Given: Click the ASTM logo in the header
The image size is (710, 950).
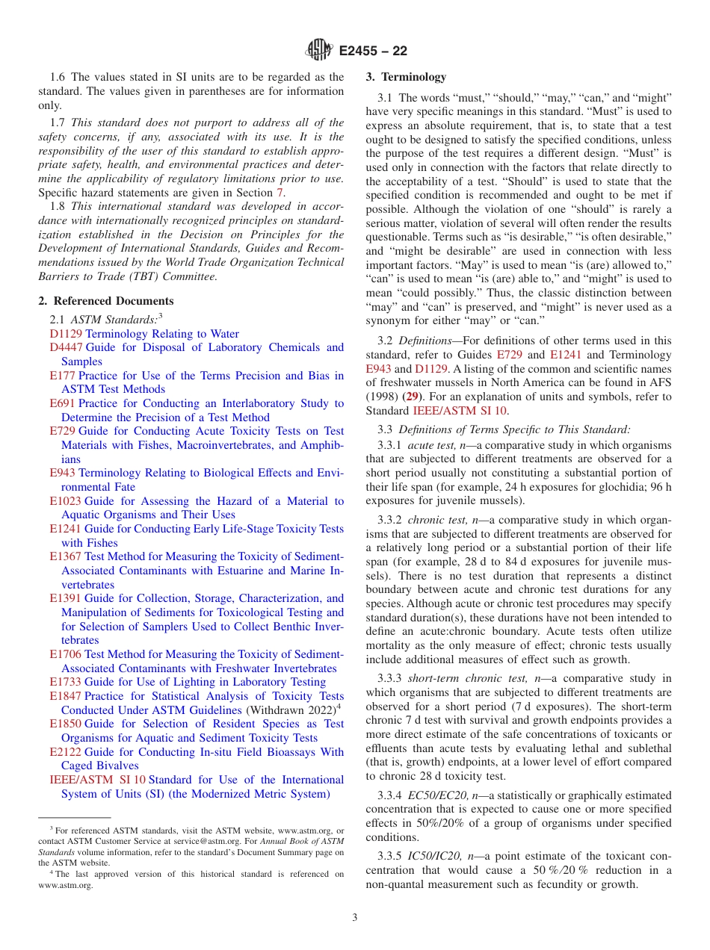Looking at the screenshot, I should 320,51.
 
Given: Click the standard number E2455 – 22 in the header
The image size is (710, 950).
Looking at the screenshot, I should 373,51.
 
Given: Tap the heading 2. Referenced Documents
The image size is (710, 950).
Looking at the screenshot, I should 105,301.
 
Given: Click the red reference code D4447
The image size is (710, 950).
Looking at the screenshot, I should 66,347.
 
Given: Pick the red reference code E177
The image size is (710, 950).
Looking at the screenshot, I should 62,376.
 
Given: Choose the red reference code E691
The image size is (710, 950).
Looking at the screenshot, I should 62,403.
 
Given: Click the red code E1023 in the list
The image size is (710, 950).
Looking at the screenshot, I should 65,501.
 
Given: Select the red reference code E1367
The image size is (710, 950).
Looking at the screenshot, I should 65,556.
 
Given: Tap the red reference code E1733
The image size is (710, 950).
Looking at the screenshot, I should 65,682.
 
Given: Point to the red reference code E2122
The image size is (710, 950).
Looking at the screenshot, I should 65,752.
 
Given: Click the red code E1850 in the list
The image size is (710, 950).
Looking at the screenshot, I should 65,724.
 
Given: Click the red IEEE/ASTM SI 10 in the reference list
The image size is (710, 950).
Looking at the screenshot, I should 97,780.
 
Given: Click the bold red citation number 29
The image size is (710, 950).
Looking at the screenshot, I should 411,397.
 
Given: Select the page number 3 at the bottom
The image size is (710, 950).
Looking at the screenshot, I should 355,918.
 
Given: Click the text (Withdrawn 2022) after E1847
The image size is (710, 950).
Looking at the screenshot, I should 290,710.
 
